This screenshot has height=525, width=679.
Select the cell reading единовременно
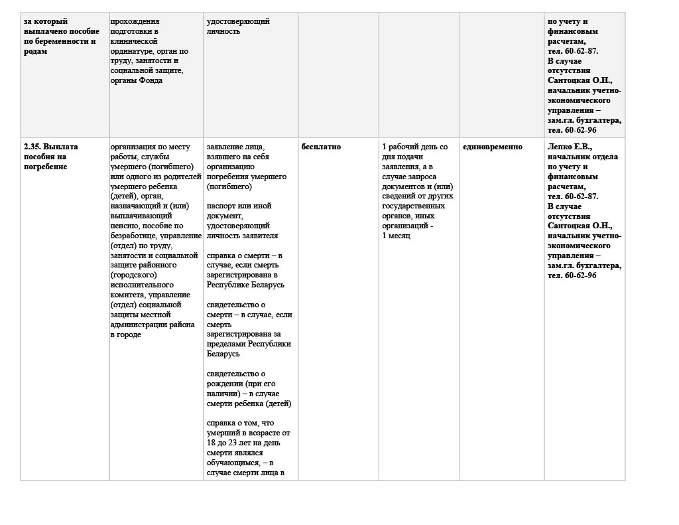(492, 147)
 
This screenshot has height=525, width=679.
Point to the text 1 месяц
(397, 236)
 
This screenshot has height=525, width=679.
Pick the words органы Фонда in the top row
(137, 81)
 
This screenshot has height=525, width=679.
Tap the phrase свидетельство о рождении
(236, 379)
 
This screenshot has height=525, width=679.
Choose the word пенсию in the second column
(125, 226)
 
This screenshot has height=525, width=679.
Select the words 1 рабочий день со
(415, 147)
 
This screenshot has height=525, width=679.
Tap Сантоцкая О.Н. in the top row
(576, 80)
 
